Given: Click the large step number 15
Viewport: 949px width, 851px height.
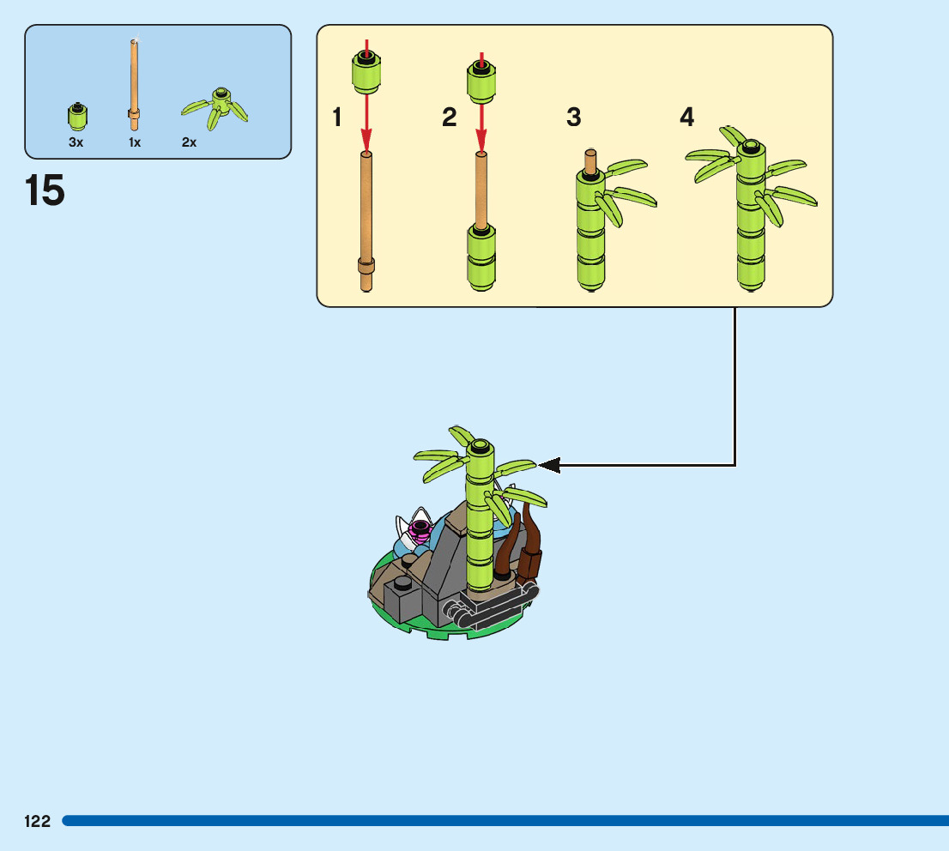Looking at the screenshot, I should (45, 190).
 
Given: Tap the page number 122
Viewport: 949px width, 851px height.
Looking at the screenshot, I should (37, 821).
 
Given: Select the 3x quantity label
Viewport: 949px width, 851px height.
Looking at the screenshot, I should (76, 142).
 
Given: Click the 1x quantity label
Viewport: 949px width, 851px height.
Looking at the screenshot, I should (135, 142).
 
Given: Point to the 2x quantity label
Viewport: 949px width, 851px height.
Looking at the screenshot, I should (189, 142).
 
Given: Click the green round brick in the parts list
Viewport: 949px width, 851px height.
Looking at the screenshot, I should (77, 116).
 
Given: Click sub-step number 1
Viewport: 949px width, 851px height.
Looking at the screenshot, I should (337, 118).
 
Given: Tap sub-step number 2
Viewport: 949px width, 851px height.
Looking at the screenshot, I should (450, 118).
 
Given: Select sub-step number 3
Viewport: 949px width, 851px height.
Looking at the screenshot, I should (574, 118).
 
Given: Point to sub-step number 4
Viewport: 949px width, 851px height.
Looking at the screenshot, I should (686, 118).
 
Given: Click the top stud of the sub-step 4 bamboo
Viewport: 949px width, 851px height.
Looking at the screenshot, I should (751, 148).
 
